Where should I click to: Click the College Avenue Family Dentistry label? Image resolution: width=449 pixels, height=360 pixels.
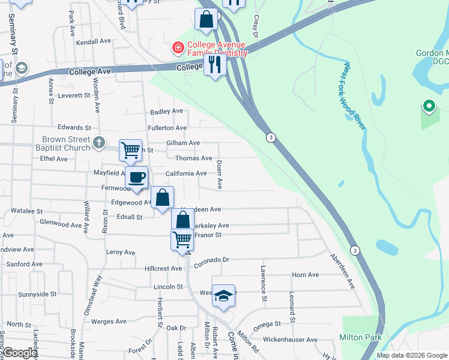pyautogui.click(x=217, y=49)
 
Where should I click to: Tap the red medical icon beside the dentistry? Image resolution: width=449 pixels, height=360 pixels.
pyautogui.click(x=178, y=47)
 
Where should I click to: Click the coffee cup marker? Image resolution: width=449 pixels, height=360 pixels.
pyautogui.click(x=137, y=178)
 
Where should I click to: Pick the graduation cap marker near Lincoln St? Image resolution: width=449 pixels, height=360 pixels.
pyautogui.click(x=223, y=296)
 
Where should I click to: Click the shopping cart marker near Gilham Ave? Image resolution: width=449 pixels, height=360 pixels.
pyautogui.click(x=130, y=150)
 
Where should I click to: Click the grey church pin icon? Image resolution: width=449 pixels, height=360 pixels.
pyautogui.click(x=100, y=143)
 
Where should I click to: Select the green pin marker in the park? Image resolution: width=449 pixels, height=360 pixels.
pyautogui.click(x=429, y=107)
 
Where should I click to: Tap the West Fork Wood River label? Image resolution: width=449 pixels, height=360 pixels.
pyautogui.click(x=354, y=94)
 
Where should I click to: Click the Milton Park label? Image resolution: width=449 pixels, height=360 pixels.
pyautogui.click(x=360, y=337)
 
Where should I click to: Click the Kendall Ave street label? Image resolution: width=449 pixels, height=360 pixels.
pyautogui.click(x=94, y=42)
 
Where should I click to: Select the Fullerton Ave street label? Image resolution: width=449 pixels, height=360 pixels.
pyautogui.click(x=168, y=128)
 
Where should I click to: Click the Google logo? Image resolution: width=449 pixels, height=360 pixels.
pyautogui.click(x=20, y=353)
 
